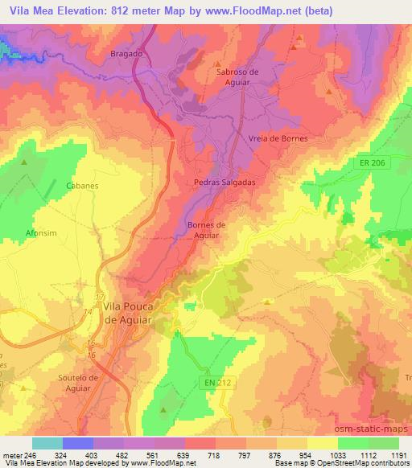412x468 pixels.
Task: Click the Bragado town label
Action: coord(126,53)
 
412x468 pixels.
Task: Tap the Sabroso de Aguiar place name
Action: coord(237,76)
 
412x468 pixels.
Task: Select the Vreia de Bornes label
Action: coord(278,138)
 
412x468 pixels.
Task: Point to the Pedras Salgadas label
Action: coord(225,183)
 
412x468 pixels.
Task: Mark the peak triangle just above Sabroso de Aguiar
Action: coord(217,63)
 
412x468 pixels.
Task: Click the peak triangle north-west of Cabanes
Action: coord(23,162)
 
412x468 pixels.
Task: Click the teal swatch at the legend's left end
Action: coord(47,443)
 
